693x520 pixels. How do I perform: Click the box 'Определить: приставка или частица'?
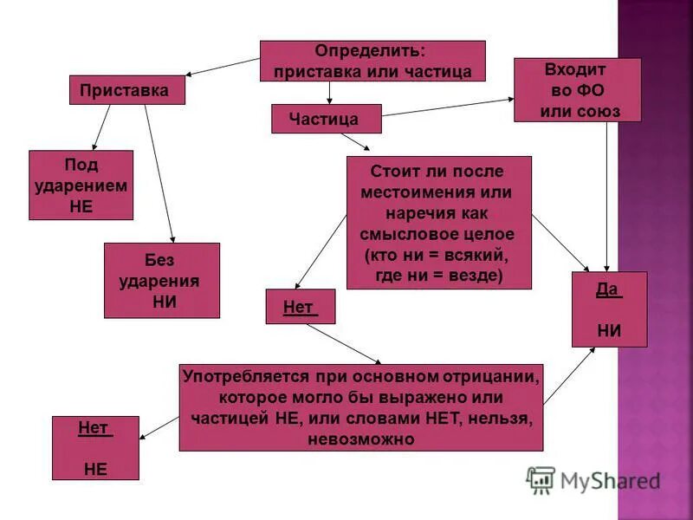coord(372,61)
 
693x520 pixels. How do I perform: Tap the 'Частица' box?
coord(326,119)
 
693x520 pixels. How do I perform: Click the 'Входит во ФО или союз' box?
coord(577,90)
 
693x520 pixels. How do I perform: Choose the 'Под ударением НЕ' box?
coord(81,185)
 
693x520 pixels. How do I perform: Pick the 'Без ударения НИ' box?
coord(161,280)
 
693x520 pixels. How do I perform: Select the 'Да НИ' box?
coord(609,309)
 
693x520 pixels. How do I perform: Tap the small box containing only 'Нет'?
coord(300,307)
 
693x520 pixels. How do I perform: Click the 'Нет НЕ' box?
coord(94,448)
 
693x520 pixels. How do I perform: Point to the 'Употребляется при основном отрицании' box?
coord(360,407)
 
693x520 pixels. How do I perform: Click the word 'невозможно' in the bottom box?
coord(360,439)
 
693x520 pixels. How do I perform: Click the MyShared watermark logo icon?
coord(541,479)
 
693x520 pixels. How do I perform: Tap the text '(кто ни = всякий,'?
coord(437,257)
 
